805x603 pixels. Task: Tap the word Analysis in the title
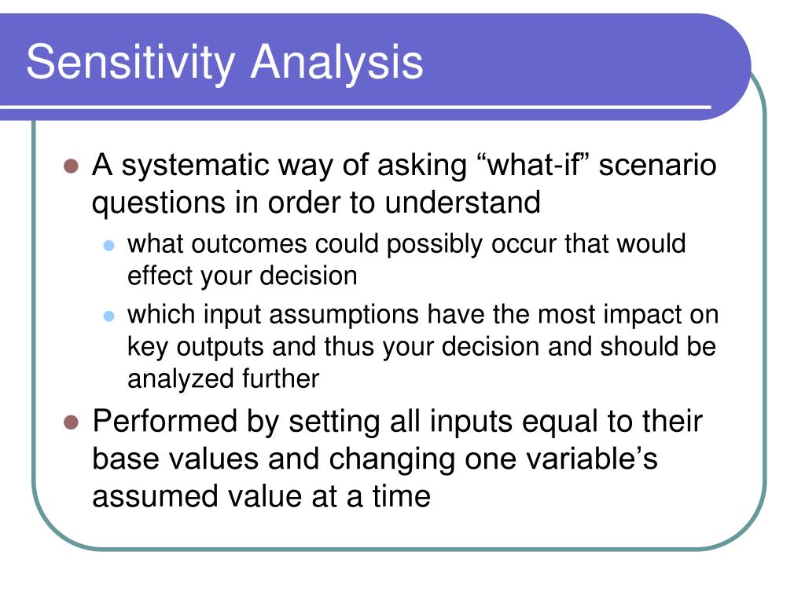(x=337, y=63)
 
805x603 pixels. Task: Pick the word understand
(x=462, y=203)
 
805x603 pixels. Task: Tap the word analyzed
(x=170, y=378)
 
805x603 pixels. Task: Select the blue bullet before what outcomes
(x=110, y=245)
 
